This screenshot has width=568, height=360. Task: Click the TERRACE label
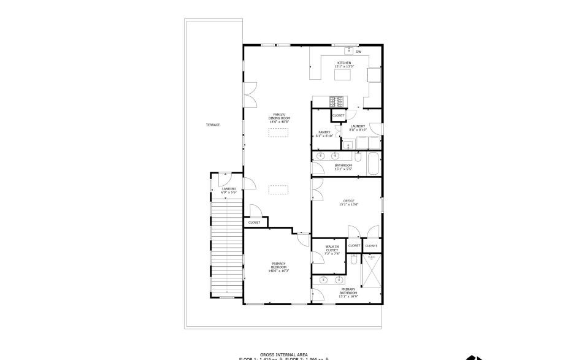213,125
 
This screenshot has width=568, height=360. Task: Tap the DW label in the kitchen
358,52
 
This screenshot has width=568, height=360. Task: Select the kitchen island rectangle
343,75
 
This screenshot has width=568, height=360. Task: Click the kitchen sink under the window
350,50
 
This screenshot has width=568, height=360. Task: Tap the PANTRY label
324,132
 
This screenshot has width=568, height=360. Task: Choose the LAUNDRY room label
358,126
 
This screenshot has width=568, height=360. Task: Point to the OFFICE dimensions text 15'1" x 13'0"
349,204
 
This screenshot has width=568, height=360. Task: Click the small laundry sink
347,145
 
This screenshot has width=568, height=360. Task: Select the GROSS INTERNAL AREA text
284,354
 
